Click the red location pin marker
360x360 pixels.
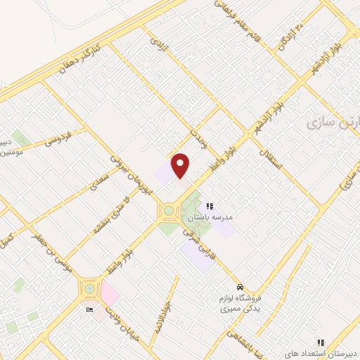tap(181, 166)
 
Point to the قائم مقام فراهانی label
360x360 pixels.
tap(240, 26)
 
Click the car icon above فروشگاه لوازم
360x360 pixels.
tap(240, 288)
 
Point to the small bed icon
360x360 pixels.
tap(89, 310)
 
